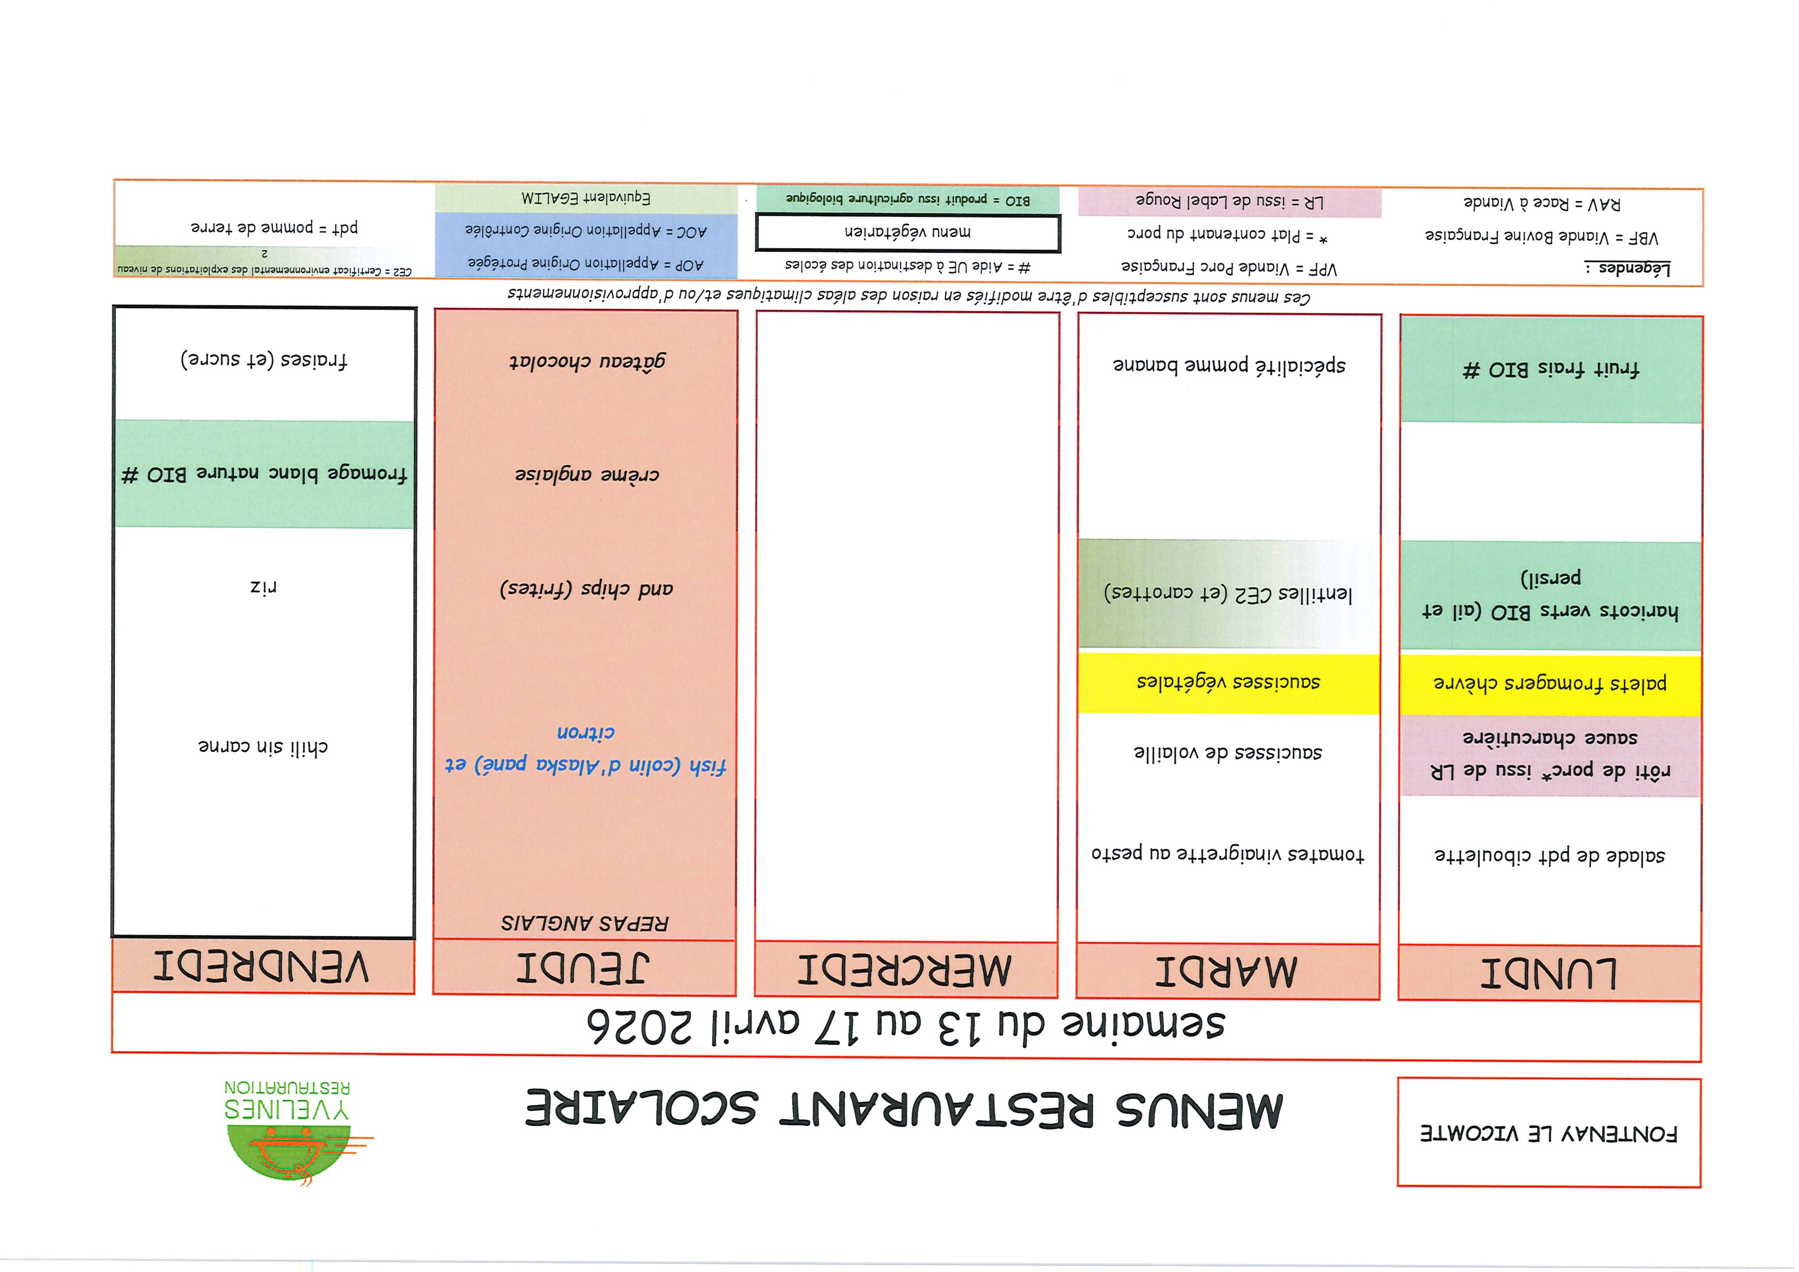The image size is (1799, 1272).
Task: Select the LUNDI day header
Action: click(1549, 972)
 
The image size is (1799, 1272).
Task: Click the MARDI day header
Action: click(1227, 971)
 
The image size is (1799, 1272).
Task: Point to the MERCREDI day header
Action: click(906, 969)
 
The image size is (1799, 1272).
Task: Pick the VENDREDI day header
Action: click(263, 966)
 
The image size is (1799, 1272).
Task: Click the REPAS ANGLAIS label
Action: click(585, 922)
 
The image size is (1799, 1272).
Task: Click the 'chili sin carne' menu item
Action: click(263, 747)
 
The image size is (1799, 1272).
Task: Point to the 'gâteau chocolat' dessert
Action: click(587, 361)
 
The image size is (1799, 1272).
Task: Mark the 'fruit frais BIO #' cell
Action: click(1551, 369)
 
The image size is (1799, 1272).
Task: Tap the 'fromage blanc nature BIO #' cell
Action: click(264, 474)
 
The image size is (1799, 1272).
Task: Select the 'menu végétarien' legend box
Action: click(907, 232)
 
